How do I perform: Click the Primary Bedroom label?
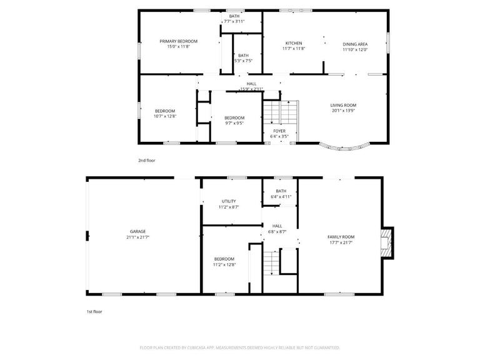click(178, 41)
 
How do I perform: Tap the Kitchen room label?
click(294, 43)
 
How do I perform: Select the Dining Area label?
click(355, 44)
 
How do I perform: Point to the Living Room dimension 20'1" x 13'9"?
click(343, 111)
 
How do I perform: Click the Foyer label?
click(279, 131)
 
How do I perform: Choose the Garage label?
click(137, 231)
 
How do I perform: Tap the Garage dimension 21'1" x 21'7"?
click(137, 237)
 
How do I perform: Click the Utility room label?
click(229, 201)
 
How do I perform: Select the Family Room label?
click(341, 237)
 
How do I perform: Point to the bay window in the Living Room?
click(344, 148)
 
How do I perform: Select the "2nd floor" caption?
click(147, 161)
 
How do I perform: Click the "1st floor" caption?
click(94, 311)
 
